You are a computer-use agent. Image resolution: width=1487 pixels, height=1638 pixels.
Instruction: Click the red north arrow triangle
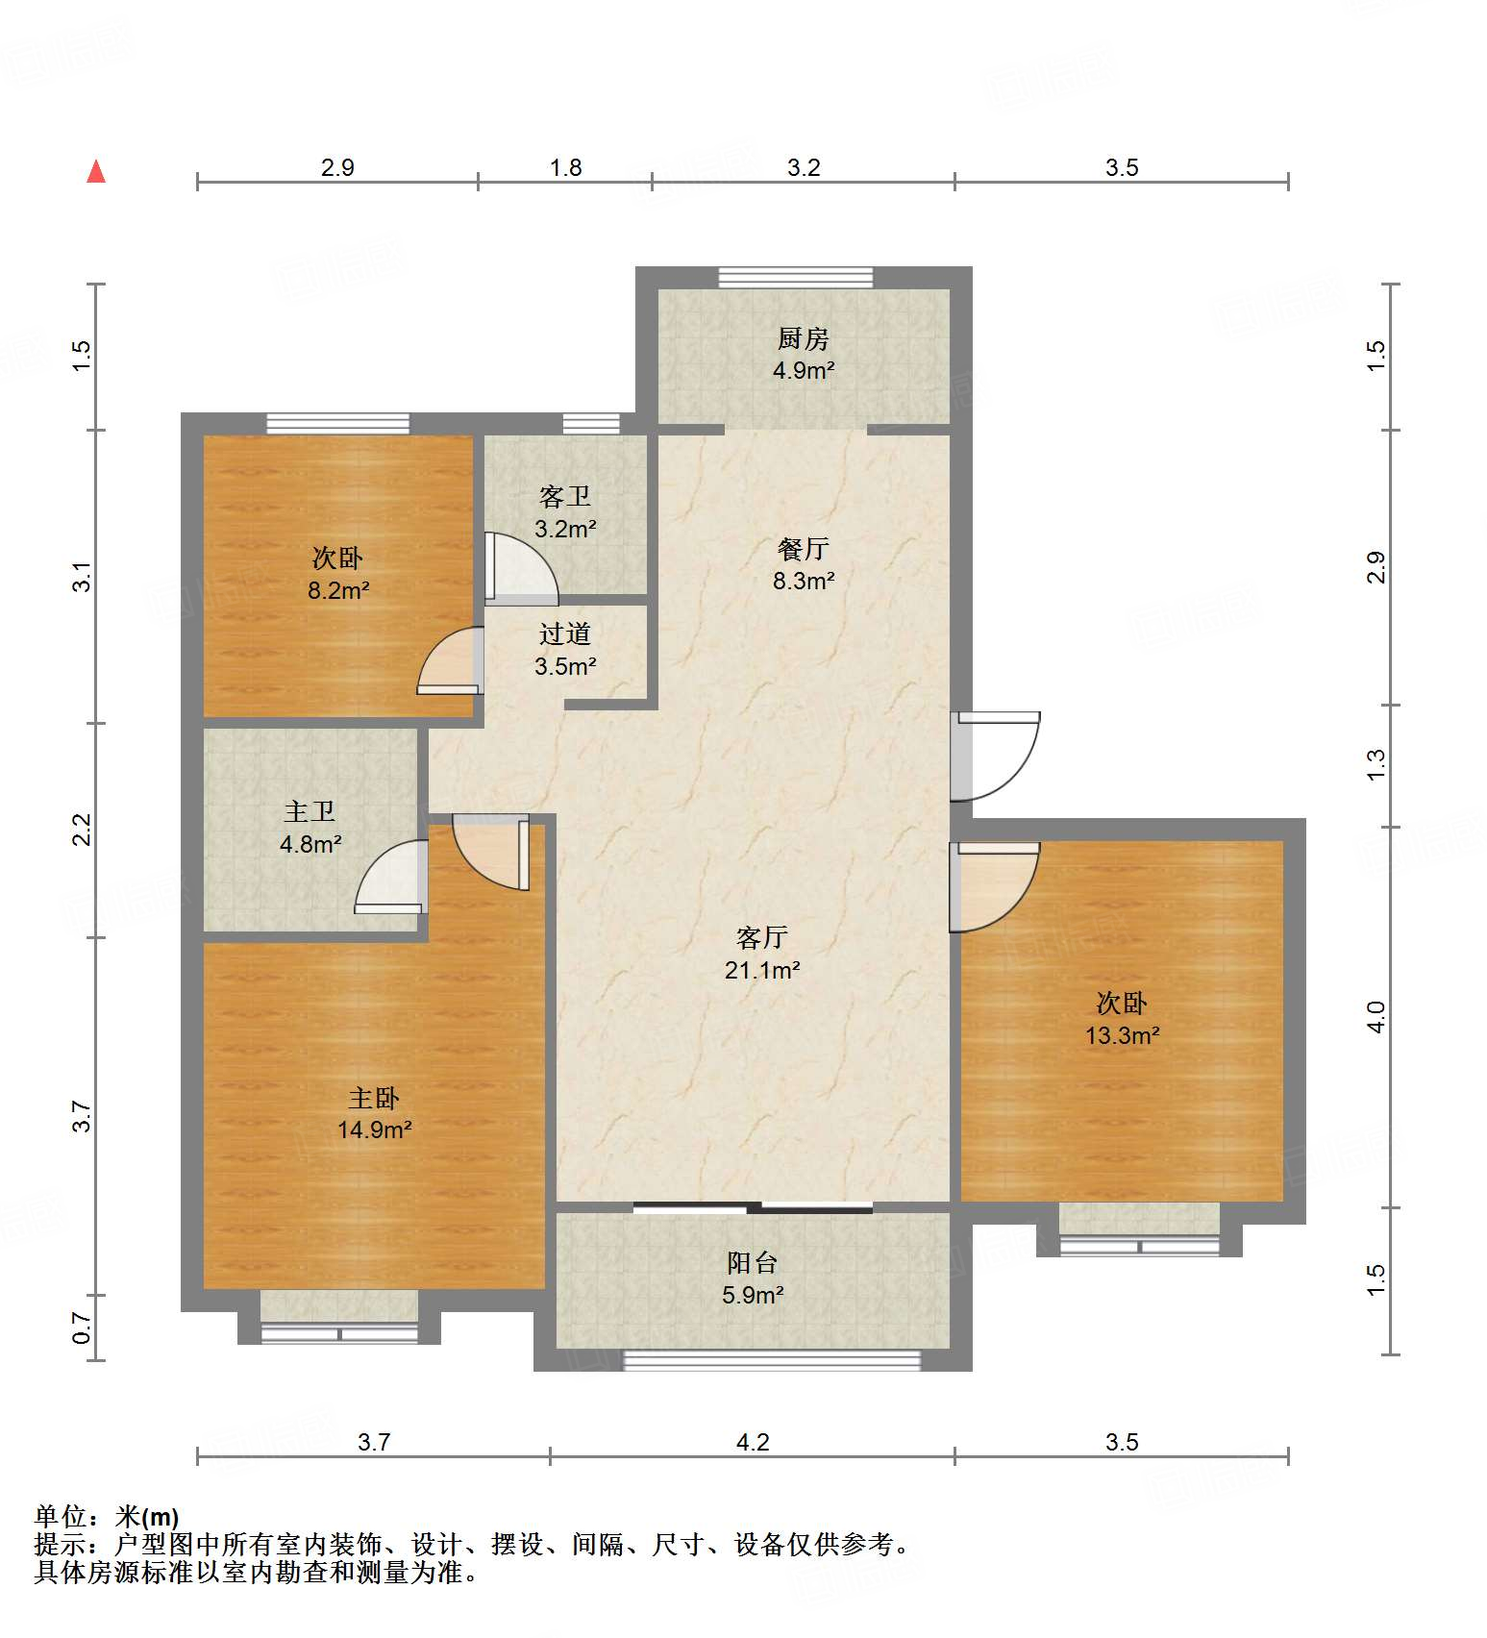pos(96,172)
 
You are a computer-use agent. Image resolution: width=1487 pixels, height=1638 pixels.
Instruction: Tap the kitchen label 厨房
pos(803,338)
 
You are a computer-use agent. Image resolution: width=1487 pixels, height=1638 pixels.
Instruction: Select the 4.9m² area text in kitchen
pos(803,371)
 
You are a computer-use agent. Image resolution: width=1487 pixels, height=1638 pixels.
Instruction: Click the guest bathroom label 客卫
pos(564,497)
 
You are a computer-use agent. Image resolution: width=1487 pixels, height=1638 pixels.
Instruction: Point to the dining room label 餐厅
pos(803,549)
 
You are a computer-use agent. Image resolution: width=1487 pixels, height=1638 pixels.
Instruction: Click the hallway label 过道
pos(564,634)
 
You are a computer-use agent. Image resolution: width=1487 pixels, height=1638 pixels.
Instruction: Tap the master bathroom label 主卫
pos(310,812)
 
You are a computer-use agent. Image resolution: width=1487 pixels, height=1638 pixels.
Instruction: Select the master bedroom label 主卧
pos(373,1098)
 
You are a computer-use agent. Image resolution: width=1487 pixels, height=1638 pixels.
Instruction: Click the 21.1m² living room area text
pos(762,971)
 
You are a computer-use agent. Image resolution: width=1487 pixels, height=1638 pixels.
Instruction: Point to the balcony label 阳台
pos(752,1263)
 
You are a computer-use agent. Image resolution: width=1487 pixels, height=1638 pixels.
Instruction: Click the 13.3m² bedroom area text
pos(1122,1036)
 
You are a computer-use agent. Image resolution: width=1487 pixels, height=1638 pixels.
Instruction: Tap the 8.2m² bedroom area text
pos(337,591)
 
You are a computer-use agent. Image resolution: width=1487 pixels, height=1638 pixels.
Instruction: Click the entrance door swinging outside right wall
pos(996,756)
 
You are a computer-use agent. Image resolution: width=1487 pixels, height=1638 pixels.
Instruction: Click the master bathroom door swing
pos(392,878)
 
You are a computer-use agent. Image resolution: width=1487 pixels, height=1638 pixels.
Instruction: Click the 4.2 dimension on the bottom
pos(752,1442)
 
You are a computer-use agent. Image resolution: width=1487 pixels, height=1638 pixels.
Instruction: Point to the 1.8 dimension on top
pos(565,168)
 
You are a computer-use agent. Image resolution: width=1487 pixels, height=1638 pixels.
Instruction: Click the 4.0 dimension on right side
pos(1375,1017)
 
